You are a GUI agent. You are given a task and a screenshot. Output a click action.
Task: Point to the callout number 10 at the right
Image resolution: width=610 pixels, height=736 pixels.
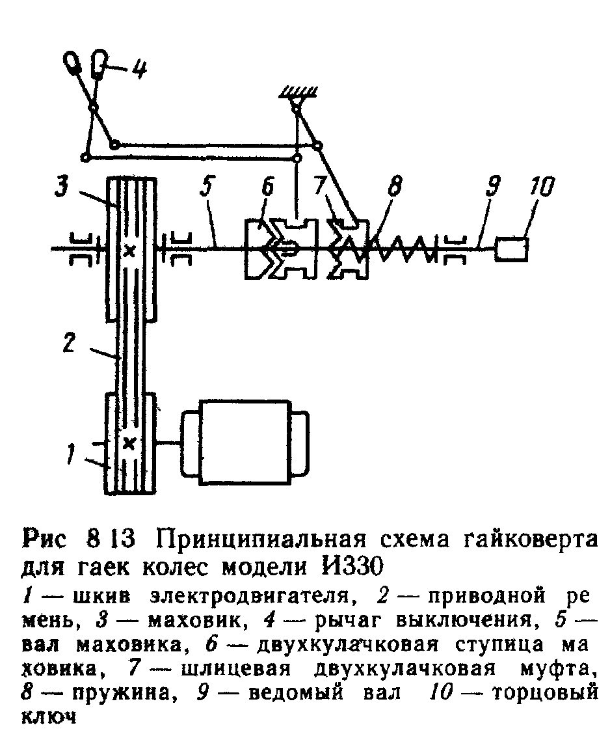539,189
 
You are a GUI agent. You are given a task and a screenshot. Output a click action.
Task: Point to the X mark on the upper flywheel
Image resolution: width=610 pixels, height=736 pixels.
129,251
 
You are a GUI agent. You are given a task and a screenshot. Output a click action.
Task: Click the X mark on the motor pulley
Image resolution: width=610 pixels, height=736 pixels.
129,444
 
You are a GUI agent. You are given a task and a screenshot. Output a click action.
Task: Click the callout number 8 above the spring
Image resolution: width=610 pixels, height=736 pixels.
393,189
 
